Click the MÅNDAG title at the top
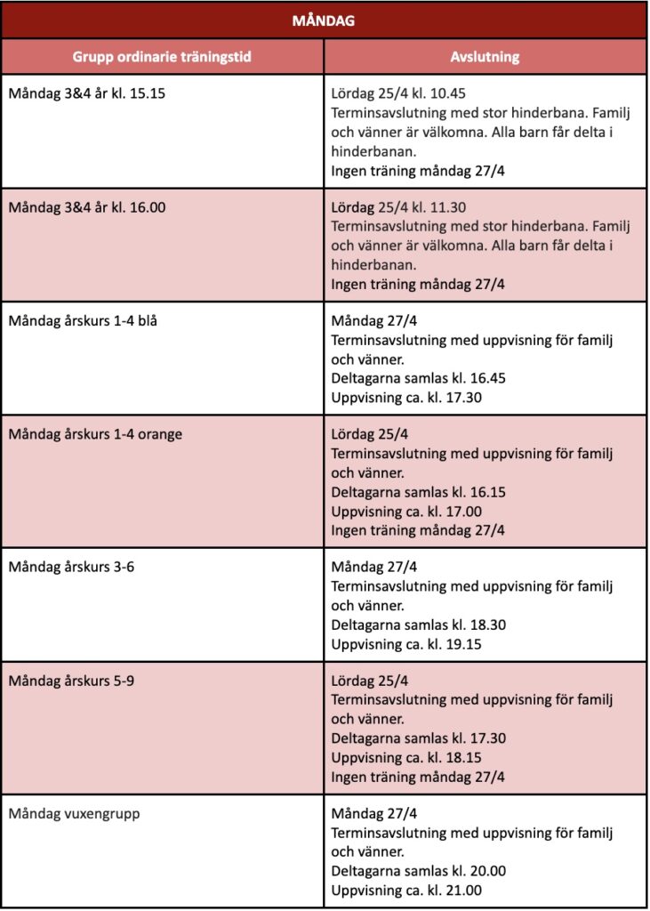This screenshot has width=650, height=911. click(324, 20)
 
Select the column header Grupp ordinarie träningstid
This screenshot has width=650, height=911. click(162, 57)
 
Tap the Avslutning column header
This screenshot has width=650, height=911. click(485, 57)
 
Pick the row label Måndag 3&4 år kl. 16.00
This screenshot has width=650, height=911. click(87, 207)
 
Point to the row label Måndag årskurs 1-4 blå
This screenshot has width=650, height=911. click(83, 321)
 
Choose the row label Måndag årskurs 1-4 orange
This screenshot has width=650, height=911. click(95, 434)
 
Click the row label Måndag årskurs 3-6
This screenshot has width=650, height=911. click(71, 567)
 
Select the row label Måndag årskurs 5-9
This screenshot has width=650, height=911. click(71, 681)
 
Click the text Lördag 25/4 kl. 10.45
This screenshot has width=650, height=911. click(398, 93)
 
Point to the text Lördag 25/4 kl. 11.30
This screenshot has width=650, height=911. click(398, 207)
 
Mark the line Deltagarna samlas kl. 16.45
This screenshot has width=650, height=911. click(419, 378)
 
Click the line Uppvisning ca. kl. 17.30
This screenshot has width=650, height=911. click(406, 397)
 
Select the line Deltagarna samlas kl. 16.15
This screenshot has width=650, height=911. click(419, 492)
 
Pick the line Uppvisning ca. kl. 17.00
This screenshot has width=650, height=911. click(406, 511)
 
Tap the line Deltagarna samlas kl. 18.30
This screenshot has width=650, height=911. click(419, 625)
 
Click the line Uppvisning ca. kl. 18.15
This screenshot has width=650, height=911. click(406, 757)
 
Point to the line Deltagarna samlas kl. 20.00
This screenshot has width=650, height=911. click(419, 871)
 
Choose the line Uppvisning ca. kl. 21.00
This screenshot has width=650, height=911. click(406, 890)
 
